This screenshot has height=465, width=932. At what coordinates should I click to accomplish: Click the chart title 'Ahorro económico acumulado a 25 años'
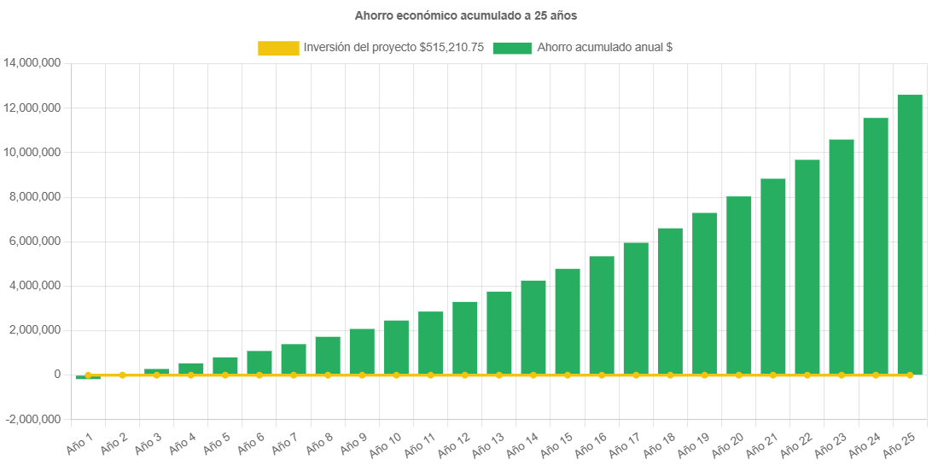(x=465, y=15)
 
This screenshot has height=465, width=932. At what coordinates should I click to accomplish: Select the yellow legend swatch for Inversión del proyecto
(x=278, y=49)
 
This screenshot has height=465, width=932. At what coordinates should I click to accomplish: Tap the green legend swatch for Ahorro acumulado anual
(x=512, y=49)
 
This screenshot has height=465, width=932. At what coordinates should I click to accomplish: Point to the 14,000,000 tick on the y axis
(x=32, y=63)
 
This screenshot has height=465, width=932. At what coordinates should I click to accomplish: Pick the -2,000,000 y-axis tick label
(x=32, y=420)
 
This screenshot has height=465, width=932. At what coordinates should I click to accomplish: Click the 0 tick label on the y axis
(x=57, y=375)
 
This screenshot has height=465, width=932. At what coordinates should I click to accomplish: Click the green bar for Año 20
(x=739, y=286)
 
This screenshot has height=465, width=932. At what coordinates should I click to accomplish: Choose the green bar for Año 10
(x=396, y=347)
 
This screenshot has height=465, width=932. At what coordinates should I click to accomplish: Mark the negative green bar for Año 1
(x=88, y=376)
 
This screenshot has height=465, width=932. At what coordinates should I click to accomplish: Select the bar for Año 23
(x=842, y=257)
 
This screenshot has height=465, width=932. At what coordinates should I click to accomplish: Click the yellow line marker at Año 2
(x=122, y=375)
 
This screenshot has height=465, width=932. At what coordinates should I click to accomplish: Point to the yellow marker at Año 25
(x=910, y=375)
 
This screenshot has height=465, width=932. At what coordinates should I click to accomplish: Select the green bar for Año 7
(x=294, y=359)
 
